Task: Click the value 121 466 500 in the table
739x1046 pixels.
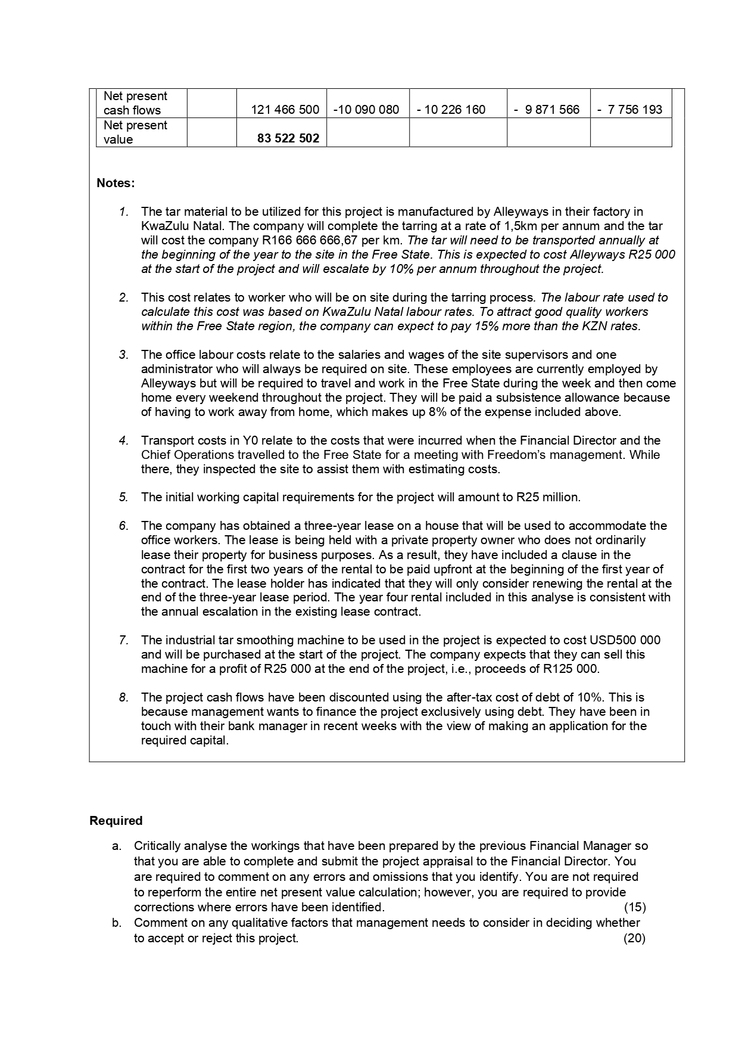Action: pos(285,110)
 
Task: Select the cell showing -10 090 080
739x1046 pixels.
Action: pos(366,110)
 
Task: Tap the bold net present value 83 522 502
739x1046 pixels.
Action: pos(288,139)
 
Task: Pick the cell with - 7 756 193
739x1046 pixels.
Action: pos(629,110)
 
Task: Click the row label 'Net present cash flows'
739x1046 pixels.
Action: pos(135,103)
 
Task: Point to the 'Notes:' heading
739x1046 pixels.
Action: pos(116,183)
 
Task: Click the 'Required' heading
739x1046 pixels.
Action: pos(116,821)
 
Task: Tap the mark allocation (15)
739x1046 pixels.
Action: pos(634,907)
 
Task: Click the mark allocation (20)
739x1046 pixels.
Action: pos(634,938)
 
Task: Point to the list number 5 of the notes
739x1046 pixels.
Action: pos(123,497)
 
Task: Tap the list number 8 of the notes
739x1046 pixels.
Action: pos(123,697)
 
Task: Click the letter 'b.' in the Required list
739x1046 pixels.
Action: pos(117,923)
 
